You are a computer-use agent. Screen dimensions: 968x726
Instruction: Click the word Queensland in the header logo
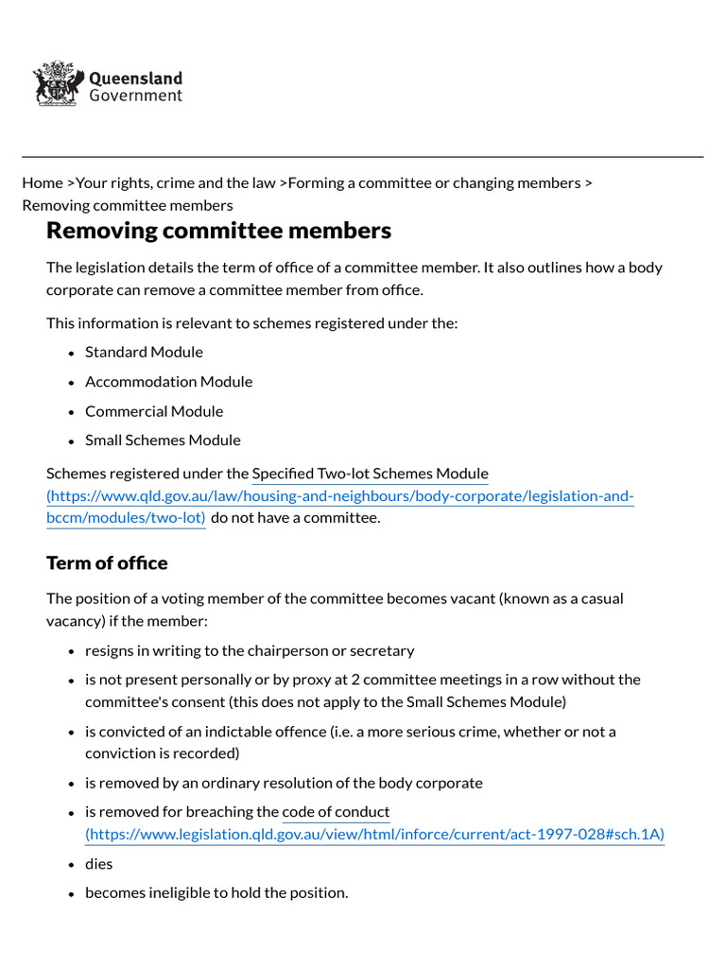click(x=135, y=78)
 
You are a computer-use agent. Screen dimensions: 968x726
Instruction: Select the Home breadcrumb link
click(x=43, y=182)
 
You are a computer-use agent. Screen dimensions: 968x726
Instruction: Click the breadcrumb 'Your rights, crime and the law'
click(x=176, y=182)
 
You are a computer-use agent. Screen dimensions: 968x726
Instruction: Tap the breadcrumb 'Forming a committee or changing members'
click(x=434, y=182)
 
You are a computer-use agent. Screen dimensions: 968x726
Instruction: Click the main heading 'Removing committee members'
click(x=218, y=231)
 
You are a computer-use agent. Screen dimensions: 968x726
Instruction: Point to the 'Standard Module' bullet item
click(x=144, y=352)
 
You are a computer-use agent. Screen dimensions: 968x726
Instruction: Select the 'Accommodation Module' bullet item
click(x=168, y=382)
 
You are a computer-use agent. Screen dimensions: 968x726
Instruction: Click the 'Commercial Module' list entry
click(x=154, y=411)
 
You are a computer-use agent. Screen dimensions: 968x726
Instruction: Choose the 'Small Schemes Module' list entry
click(x=163, y=441)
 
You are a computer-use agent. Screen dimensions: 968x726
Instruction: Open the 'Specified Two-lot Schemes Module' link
click(x=370, y=474)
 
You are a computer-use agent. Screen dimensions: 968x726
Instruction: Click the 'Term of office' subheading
click(x=107, y=563)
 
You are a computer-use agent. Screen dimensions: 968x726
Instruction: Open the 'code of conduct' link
click(x=336, y=812)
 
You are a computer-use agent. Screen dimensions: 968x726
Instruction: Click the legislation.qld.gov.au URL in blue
click(x=374, y=834)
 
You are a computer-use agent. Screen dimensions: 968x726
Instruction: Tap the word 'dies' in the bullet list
click(x=98, y=864)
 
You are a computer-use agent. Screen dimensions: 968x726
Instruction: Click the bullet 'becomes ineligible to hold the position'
click(x=216, y=892)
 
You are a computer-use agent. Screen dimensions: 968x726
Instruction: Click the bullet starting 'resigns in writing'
click(x=250, y=650)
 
